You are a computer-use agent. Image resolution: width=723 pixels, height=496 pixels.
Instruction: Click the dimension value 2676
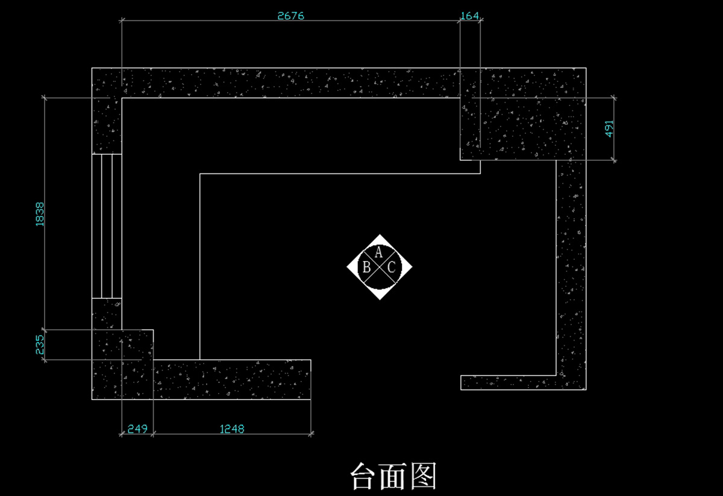pyautogui.click(x=290, y=16)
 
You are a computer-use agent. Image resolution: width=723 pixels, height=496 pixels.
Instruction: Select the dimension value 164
pyautogui.click(x=470, y=16)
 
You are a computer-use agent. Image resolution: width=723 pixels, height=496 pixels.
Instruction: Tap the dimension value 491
pyautogui.click(x=609, y=129)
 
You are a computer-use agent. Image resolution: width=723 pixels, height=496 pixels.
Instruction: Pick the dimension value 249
pyautogui.click(x=137, y=429)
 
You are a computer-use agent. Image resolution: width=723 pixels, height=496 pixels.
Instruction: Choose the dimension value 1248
pyautogui.click(x=232, y=429)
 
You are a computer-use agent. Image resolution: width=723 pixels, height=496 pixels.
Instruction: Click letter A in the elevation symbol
pyautogui.click(x=379, y=253)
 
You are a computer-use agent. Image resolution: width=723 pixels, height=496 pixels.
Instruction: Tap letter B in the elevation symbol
pyautogui.click(x=366, y=268)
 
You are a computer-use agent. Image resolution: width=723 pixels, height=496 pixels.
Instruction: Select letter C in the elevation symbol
pyautogui.click(x=392, y=268)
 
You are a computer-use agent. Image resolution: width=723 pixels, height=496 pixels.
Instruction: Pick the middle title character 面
pyautogui.click(x=393, y=477)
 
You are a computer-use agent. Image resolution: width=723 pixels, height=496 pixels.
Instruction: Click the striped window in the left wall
pyautogui.click(x=107, y=226)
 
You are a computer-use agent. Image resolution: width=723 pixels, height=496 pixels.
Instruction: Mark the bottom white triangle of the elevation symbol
pyautogui.click(x=380, y=295)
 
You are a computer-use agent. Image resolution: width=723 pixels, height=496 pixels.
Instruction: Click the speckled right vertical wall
pyautogui.click(x=571, y=271)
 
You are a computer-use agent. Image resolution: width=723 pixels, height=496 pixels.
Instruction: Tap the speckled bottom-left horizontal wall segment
pyautogui.click(x=232, y=380)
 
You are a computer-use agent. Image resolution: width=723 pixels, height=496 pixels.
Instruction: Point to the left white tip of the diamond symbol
pyautogui.click(x=351, y=267)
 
